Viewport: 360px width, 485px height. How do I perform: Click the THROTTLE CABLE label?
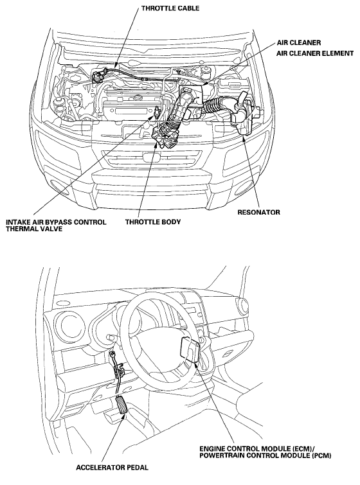coord(170,8)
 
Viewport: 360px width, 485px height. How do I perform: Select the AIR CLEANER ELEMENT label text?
coord(315,53)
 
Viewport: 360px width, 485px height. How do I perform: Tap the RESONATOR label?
coord(259,212)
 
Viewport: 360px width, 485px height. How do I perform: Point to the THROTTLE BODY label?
coord(153,222)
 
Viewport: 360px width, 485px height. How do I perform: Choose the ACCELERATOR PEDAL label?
coord(112,468)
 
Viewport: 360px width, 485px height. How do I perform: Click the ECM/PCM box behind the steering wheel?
coord(190,349)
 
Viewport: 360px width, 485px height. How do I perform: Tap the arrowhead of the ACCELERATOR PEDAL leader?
coord(125,416)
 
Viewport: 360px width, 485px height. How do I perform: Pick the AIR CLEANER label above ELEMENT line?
coord(294,42)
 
